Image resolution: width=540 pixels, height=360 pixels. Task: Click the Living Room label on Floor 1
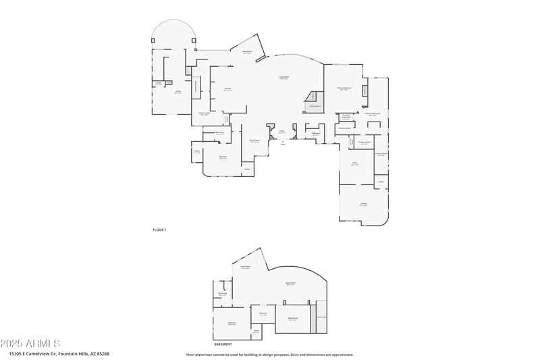pyautogui.click(x=284, y=78)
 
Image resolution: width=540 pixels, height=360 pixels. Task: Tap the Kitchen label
pyautogui.click(x=227, y=89)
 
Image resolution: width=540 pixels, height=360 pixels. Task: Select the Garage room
pyautogui.click(x=363, y=204)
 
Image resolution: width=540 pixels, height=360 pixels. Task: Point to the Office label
pyautogui.click(x=354, y=164)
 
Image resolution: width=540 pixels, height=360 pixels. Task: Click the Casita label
pyautogui.click(x=178, y=92)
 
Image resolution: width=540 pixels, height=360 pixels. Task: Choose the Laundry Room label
pyautogui.click(x=204, y=114)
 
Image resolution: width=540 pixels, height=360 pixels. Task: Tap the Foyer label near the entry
pyautogui.click(x=281, y=132)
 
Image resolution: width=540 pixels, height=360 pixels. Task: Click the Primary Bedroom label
pyautogui.click(x=343, y=88)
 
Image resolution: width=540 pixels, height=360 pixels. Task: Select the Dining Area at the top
pyautogui.click(x=247, y=52)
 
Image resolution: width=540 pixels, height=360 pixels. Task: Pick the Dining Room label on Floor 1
pyautogui.click(x=254, y=141)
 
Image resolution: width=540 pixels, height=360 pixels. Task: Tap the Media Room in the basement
pyautogui.click(x=293, y=319)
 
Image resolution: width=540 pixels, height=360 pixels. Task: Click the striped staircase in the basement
pyautogui.click(x=322, y=315)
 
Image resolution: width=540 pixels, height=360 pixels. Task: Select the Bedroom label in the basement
pyautogui.click(x=232, y=324)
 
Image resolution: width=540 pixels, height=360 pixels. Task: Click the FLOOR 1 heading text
pyautogui.click(x=159, y=230)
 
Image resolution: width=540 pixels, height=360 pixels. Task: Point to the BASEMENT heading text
pyautogui.click(x=223, y=344)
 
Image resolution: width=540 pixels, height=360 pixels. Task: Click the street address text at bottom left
pyautogui.click(x=59, y=353)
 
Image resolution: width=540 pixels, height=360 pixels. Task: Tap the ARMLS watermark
pyautogui.click(x=30, y=344)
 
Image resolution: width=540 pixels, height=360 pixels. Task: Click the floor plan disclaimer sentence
pyautogui.click(x=269, y=354)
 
